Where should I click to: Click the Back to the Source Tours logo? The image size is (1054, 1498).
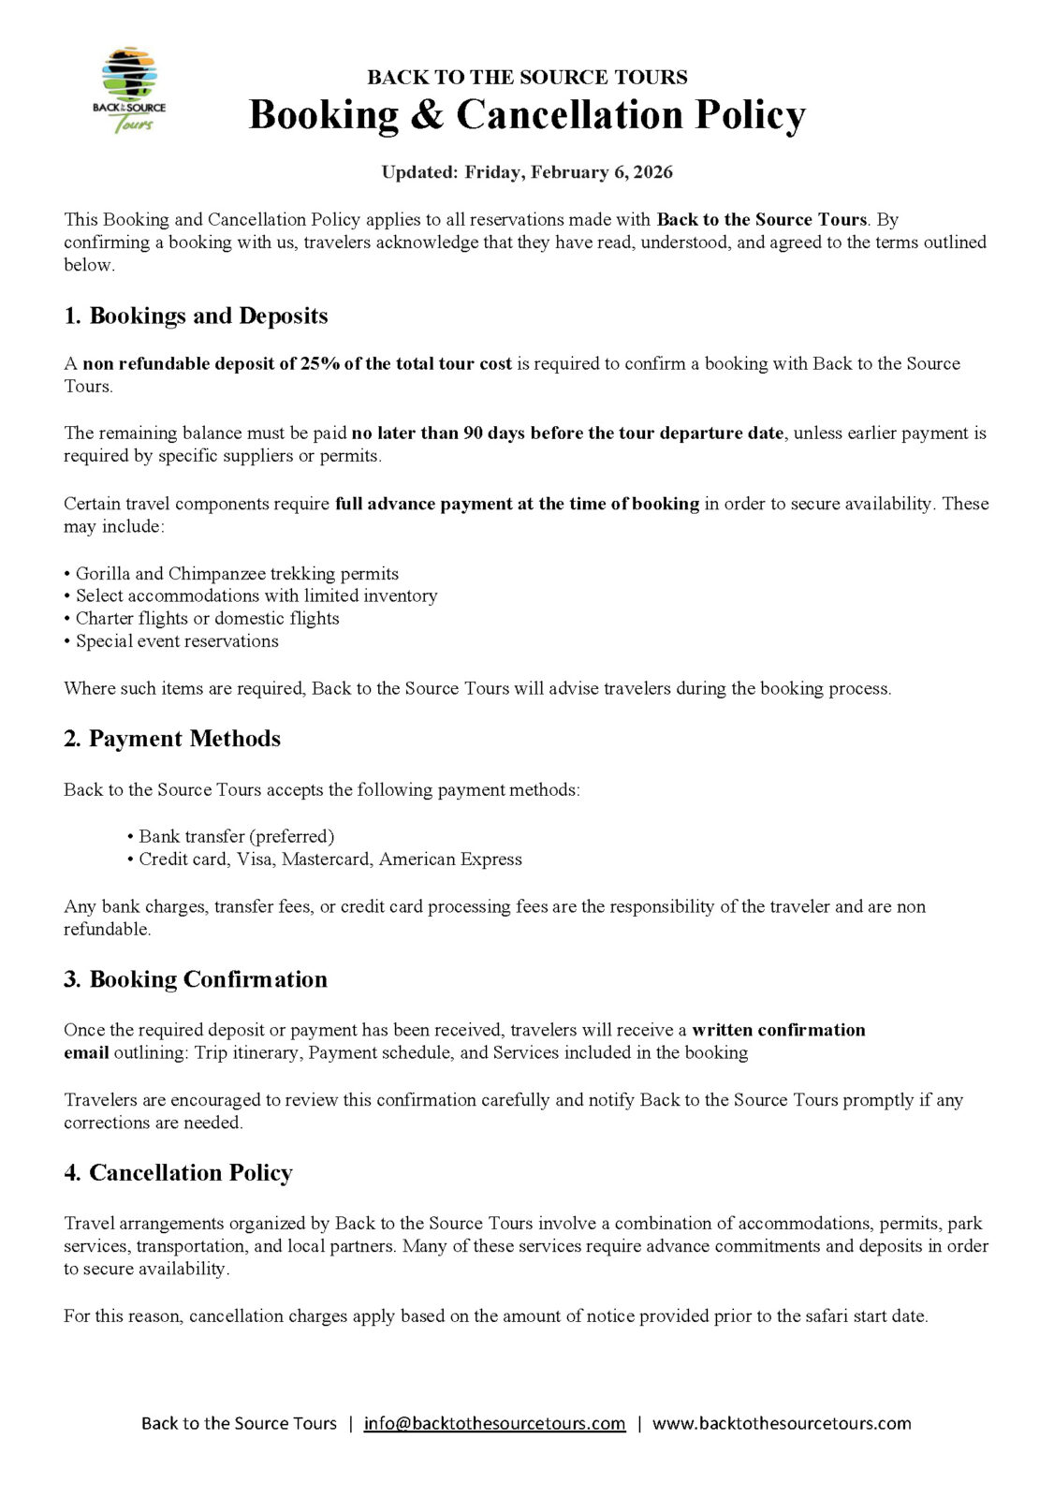129,90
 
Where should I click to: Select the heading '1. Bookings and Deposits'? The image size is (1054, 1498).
196,316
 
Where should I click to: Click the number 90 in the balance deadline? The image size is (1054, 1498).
473,433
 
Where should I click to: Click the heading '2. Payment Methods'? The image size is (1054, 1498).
172,739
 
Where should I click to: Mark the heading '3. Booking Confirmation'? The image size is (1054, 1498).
196,979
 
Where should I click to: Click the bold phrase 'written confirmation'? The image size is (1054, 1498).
778,1030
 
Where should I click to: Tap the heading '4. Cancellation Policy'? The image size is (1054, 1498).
178,1173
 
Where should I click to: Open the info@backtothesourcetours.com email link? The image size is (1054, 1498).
494,1423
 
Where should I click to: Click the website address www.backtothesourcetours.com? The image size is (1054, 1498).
781,1423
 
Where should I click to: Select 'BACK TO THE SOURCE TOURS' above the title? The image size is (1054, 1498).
527,77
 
